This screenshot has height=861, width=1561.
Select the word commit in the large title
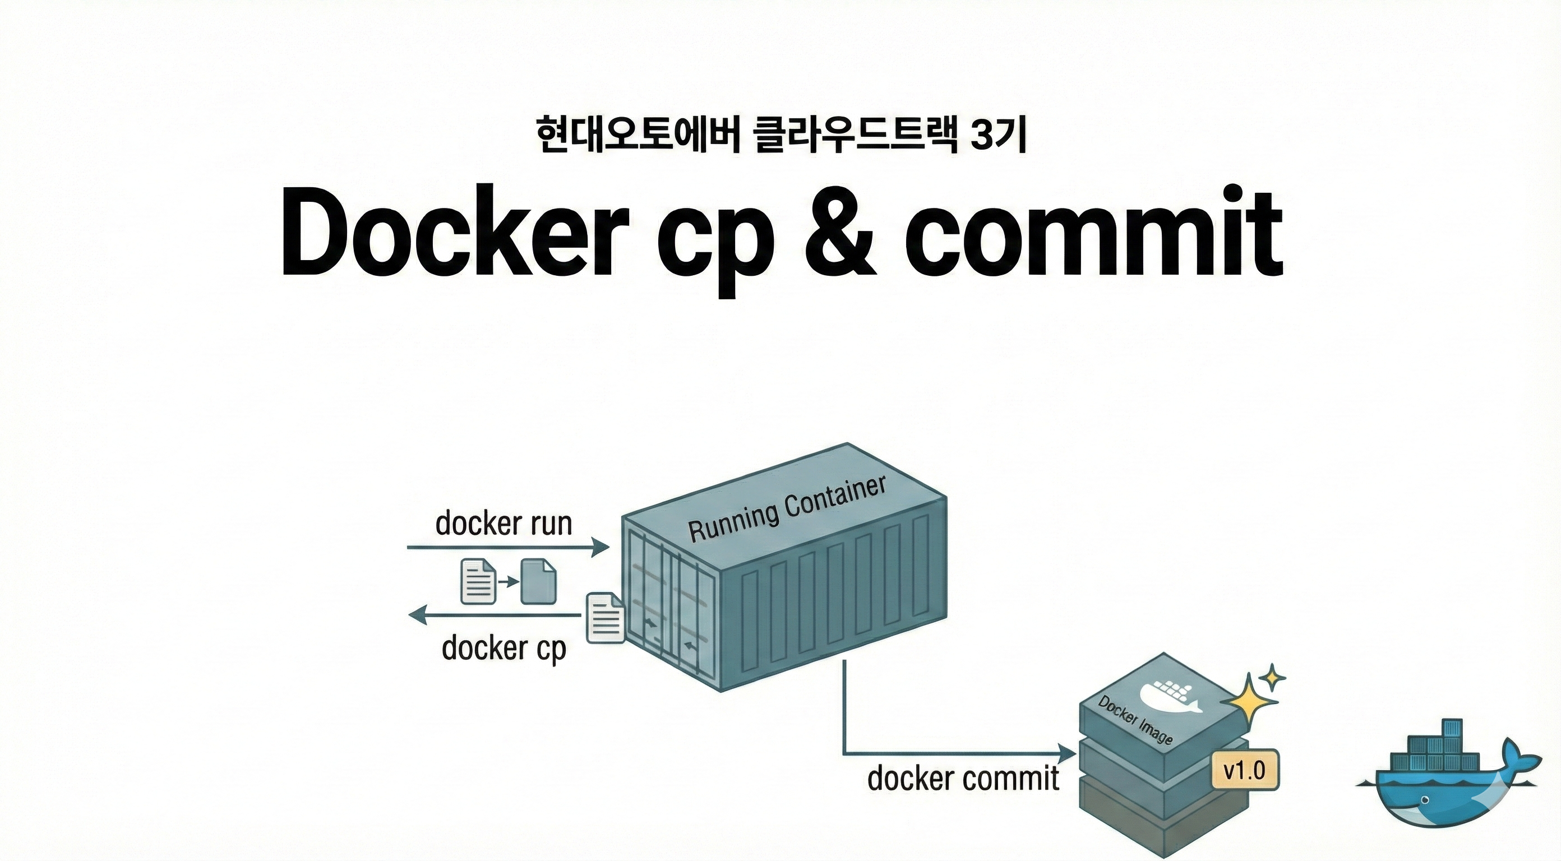(x=1094, y=232)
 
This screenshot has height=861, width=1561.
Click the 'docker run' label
(x=504, y=523)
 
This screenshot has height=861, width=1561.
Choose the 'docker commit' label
(x=963, y=777)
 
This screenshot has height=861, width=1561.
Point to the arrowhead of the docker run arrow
(x=601, y=547)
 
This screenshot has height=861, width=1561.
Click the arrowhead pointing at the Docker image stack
(x=1067, y=754)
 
